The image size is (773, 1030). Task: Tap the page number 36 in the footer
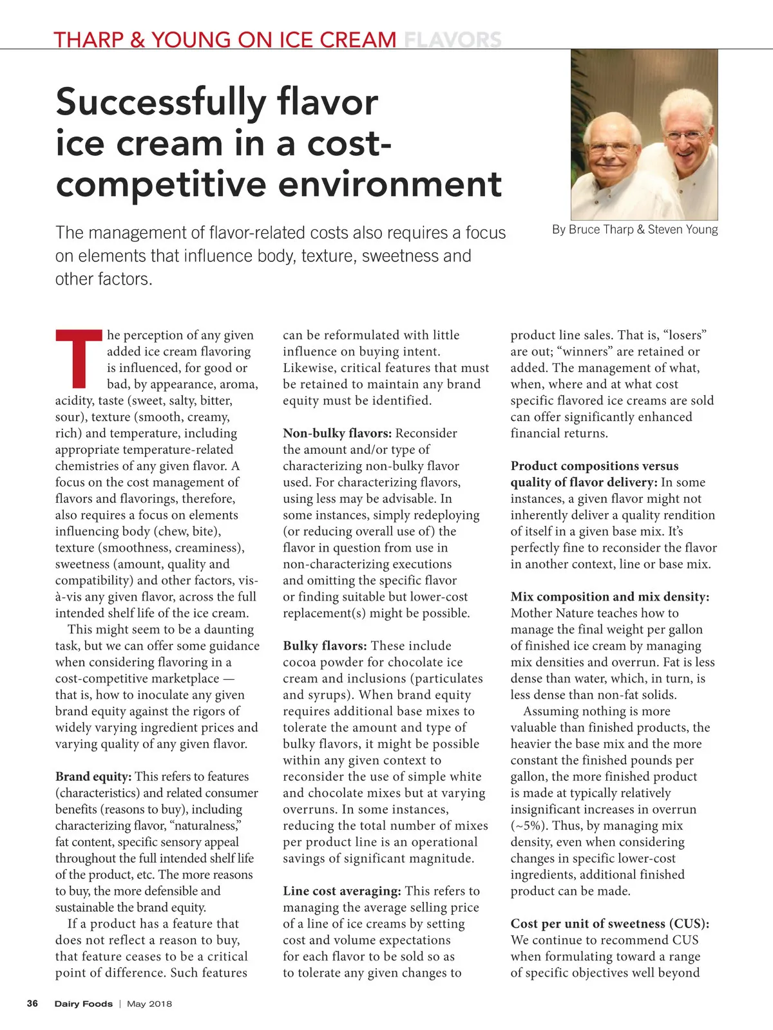32,1004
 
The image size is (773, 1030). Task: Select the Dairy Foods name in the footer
83,1004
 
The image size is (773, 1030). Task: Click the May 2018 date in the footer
149,1004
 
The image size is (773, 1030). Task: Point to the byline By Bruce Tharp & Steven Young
635,230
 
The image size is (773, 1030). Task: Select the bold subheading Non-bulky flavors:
337,433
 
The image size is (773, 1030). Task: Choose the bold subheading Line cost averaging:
342,891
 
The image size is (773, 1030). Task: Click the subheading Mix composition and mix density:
609,597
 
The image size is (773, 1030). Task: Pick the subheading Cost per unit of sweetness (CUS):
609,924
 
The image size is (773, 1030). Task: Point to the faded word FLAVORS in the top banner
452,40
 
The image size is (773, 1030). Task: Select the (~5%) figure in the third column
528,826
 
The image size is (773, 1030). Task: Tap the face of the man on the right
684,139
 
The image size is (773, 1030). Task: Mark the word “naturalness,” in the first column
204,826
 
